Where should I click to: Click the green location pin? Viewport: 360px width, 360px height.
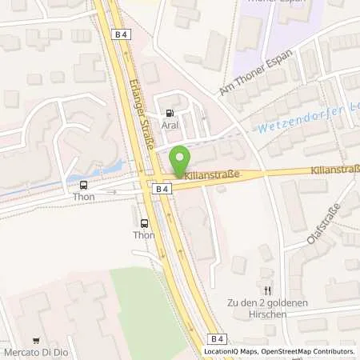click(181, 160)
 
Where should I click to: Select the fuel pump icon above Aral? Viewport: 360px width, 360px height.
click(169, 114)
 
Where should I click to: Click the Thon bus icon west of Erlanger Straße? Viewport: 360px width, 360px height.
click(84, 185)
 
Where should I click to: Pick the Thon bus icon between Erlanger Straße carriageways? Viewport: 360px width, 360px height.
click(144, 224)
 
